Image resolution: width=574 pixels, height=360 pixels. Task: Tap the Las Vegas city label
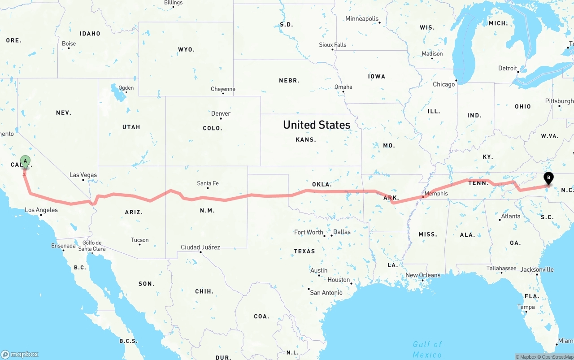coord(83,175)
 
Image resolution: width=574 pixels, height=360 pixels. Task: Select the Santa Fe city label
coord(208,183)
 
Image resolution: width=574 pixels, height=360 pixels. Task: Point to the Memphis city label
coord(436,194)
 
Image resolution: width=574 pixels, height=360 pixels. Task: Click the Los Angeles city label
coord(41,210)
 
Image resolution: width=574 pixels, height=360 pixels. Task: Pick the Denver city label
coord(221,113)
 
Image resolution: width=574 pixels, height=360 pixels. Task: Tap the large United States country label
coord(317,125)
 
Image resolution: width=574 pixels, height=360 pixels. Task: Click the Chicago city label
coord(444,84)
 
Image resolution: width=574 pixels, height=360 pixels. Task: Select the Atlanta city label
coord(511,216)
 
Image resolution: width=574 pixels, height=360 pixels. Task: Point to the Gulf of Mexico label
coord(427,349)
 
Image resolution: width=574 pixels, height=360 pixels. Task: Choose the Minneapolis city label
coord(362,19)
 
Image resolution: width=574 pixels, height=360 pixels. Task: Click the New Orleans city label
coord(423,275)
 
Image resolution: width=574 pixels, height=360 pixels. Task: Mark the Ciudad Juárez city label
coord(200,247)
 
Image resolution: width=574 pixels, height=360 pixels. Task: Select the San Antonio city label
coord(326,293)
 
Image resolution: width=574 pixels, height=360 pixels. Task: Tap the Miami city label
coord(565,341)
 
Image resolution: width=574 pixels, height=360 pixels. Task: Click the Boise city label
coord(69,43)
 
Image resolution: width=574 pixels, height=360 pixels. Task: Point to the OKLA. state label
coord(322,184)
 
